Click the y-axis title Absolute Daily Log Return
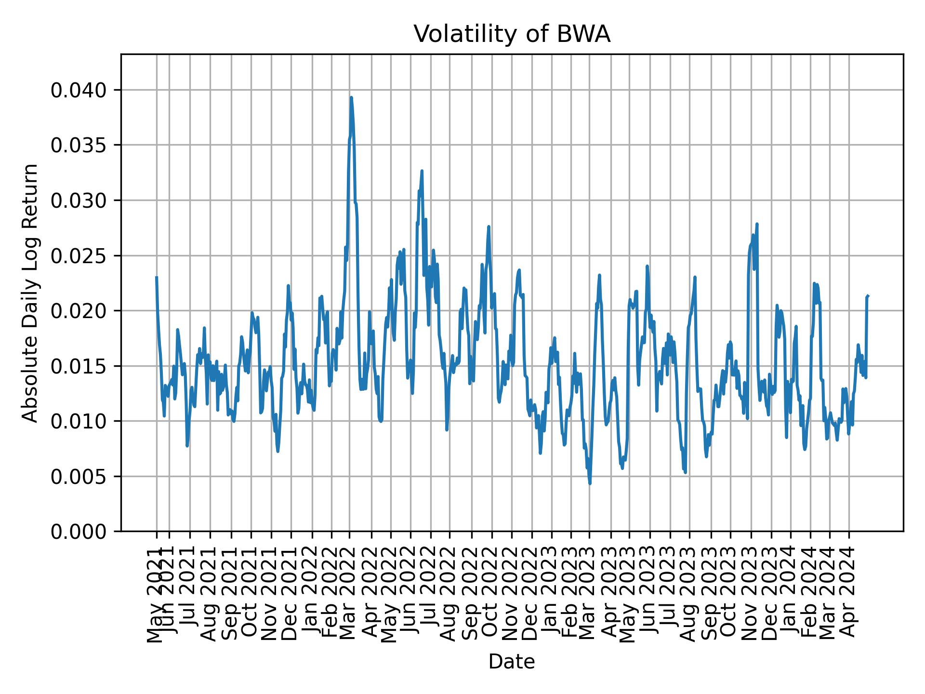click(x=31, y=293)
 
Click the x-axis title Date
click(x=512, y=662)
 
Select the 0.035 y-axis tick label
click(x=79, y=145)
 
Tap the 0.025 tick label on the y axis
click(x=79, y=255)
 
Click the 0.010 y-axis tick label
click(x=79, y=421)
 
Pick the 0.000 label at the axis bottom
click(x=79, y=532)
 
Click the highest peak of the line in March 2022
click(x=351, y=97)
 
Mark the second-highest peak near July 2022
click(x=422, y=171)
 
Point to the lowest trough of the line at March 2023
click(x=590, y=483)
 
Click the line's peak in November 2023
click(x=757, y=224)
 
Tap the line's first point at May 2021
click(x=157, y=277)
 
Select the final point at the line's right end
click(x=868, y=295)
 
